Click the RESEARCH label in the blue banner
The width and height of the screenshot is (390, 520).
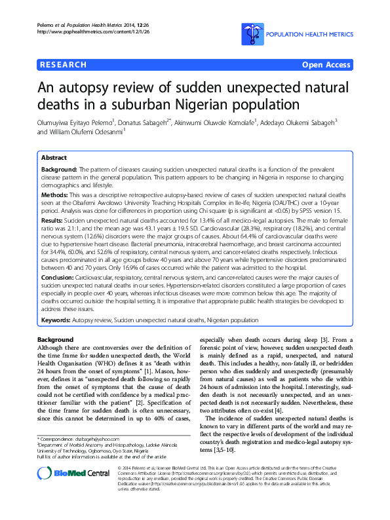click(63, 65)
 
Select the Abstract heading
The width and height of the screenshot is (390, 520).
click(54, 158)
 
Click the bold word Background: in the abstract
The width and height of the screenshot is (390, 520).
click(59, 169)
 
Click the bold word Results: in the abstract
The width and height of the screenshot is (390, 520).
click(53, 221)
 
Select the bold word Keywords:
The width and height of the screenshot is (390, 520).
click(56, 320)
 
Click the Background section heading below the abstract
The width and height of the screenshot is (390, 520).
click(55, 339)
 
